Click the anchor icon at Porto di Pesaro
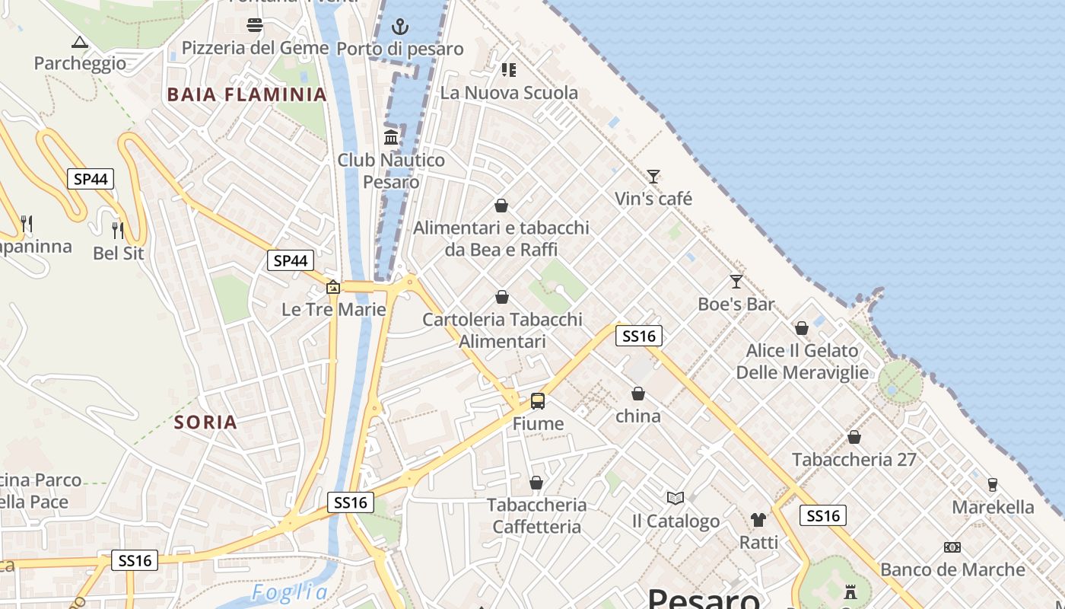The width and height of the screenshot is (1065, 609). point(400,27)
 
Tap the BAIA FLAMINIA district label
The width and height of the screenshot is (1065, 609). point(246,95)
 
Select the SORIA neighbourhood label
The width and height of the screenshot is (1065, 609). point(205,422)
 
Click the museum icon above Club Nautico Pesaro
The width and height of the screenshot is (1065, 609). point(392,137)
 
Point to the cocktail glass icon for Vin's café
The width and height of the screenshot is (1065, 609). point(653,177)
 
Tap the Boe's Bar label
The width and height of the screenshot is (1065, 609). point(736,304)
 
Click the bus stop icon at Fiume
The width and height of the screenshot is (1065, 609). point(538,400)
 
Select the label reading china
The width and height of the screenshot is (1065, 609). point(638,416)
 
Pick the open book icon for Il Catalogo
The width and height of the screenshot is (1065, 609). point(676,498)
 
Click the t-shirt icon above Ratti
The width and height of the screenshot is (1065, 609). point(758,520)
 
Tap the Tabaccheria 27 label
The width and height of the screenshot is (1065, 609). point(854,460)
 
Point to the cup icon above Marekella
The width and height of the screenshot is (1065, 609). point(992,484)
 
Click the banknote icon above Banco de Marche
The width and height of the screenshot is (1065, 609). point(952,547)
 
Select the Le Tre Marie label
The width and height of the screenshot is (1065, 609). point(334,310)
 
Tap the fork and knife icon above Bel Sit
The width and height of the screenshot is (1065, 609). point(117,229)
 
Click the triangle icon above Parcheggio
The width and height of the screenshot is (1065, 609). point(79,42)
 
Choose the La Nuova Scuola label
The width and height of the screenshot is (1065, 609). point(510,93)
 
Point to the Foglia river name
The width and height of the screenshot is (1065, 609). point(290,592)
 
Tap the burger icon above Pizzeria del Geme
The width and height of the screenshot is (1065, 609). point(255,26)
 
